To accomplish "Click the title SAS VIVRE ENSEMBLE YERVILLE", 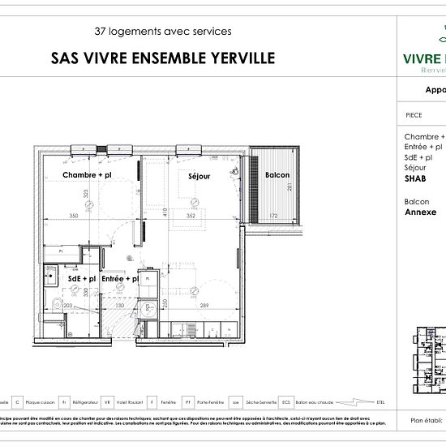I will pyautogui.click(x=163, y=58).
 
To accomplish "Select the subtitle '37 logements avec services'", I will pyautogui.click(x=163, y=32).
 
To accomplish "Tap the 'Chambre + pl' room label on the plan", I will pyautogui.click(x=87, y=175).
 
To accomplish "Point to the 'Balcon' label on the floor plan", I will pyautogui.click(x=277, y=175).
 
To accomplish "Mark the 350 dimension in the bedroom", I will pyautogui.click(x=74, y=217).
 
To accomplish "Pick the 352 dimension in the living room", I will pyautogui.click(x=192, y=217).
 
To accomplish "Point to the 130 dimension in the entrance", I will pyautogui.click(x=119, y=306).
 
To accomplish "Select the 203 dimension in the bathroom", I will pyautogui.click(x=69, y=306).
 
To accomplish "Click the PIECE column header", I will pyautogui.click(x=414, y=115).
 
